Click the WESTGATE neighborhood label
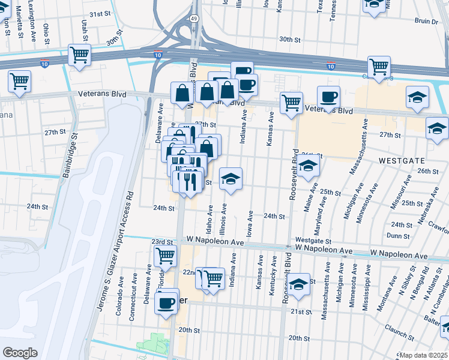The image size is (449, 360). click(402, 161)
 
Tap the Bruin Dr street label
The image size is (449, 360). click(426, 21)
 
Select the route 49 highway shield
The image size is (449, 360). click(194, 19)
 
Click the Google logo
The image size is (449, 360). click(20, 352)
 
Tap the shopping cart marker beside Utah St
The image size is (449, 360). click(79, 55)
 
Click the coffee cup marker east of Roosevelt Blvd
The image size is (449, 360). click(328, 97)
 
